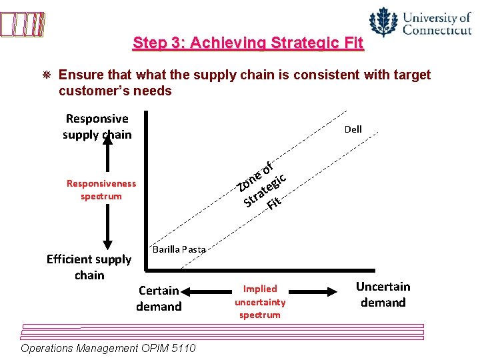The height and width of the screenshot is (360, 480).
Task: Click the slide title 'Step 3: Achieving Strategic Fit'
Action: [248, 43]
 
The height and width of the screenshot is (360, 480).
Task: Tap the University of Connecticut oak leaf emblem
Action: [383, 22]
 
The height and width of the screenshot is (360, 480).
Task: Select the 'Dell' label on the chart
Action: [353, 129]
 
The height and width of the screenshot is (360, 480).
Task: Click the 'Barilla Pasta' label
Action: [179, 249]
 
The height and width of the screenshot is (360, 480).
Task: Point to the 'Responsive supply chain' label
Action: [97, 126]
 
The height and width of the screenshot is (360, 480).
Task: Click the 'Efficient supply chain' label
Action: [89, 267]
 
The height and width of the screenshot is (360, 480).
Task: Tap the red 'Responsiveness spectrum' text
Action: [101, 189]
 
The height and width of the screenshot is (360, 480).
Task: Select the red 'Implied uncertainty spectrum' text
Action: [260, 301]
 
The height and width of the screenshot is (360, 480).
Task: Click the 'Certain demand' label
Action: [159, 298]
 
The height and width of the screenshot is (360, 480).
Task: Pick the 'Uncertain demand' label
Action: [383, 294]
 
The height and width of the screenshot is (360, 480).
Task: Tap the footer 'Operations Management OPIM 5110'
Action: [108, 349]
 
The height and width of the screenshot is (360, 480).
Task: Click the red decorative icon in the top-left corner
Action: [23, 25]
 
